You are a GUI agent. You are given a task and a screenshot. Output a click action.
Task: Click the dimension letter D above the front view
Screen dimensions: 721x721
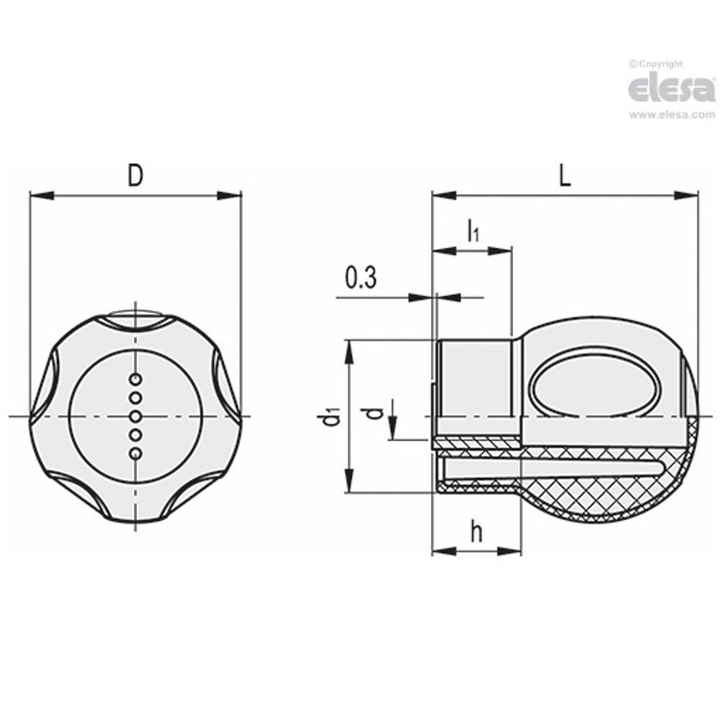tap(136, 176)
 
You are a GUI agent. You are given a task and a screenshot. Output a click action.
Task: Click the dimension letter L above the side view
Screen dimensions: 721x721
tap(564, 176)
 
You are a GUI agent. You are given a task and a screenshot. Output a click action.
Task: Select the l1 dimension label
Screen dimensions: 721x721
tap(473, 231)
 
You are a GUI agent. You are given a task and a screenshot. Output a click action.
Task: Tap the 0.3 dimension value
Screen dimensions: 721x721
tap(360, 278)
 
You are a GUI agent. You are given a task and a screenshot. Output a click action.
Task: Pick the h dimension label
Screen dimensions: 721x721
tap(476, 533)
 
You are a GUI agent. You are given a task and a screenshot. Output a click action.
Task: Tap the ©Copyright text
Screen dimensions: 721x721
tap(656, 64)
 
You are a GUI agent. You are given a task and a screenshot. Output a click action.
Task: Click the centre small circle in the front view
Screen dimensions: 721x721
tap(137, 416)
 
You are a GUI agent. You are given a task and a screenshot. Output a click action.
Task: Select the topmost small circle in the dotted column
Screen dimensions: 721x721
tap(137, 378)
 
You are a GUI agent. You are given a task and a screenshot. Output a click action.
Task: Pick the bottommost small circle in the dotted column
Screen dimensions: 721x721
tap(137, 454)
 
